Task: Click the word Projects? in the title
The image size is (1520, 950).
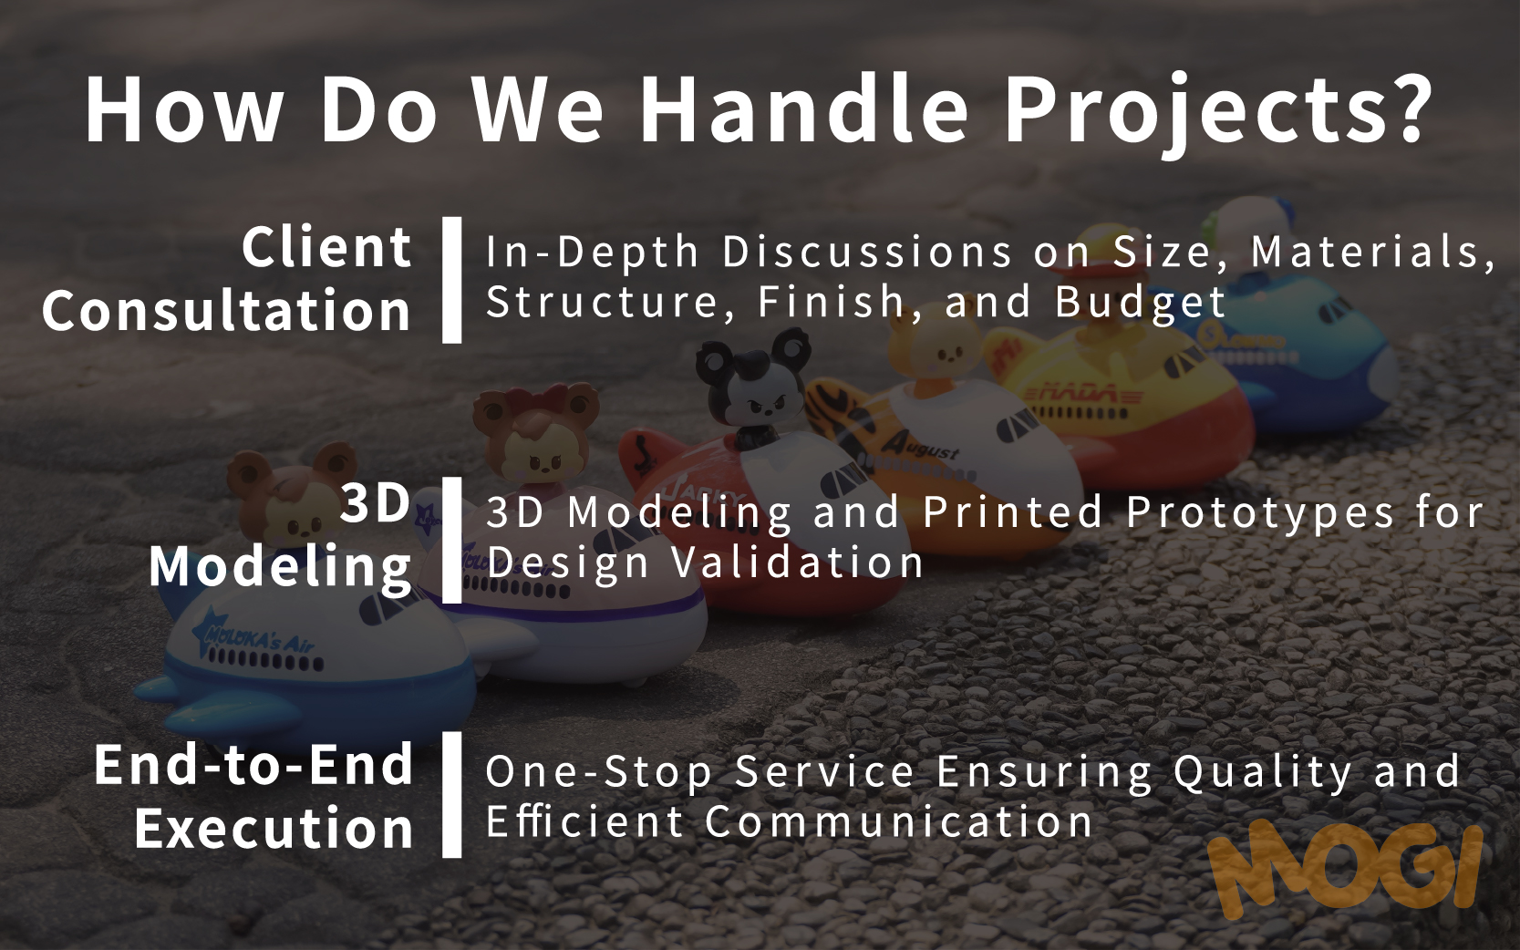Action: point(1218,112)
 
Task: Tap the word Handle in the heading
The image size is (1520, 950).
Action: point(804,108)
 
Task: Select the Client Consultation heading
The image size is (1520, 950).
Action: point(227,279)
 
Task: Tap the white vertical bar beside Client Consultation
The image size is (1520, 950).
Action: point(452,280)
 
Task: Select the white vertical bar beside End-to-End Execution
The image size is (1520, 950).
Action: point(452,795)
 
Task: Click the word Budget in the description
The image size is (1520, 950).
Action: point(1140,303)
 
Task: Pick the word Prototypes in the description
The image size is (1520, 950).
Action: point(1260,512)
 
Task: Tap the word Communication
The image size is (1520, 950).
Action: point(898,821)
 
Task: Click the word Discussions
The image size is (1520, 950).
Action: point(867,252)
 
